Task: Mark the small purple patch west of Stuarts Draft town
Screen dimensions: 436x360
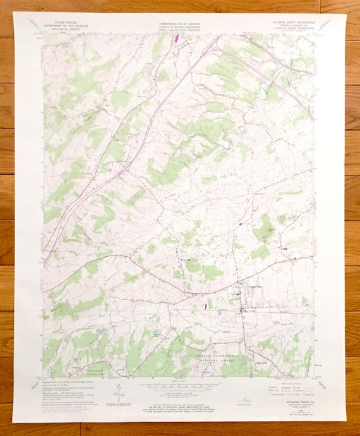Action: [205, 307]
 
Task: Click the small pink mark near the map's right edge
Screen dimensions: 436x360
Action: [285, 249]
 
